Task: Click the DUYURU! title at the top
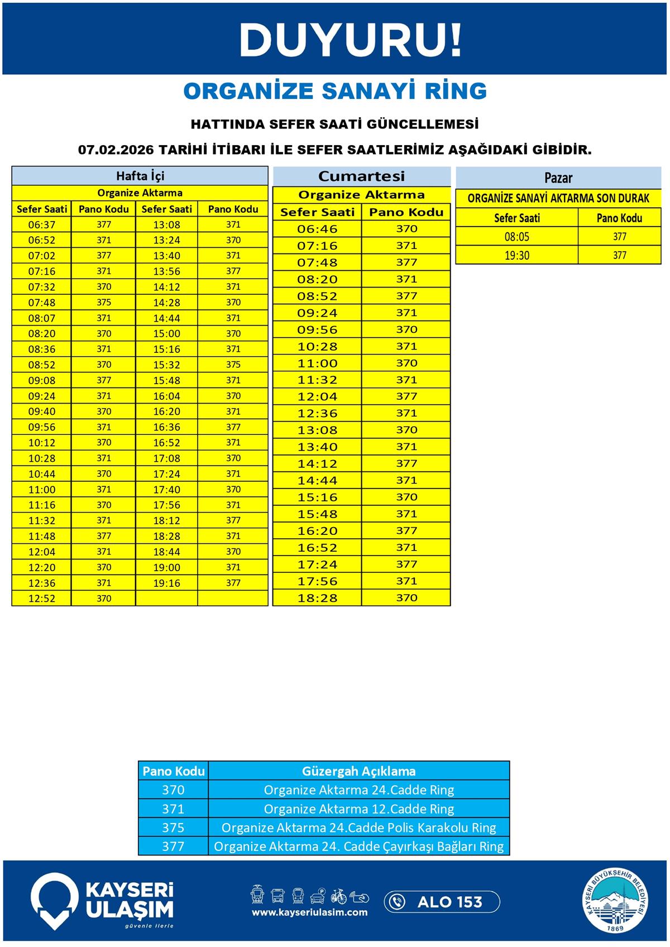pos(351,40)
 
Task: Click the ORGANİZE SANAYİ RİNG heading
pos(335,91)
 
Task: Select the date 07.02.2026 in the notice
pos(116,150)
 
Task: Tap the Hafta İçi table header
pos(140,176)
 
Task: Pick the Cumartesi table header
pos(361,176)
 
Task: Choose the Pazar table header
pos(558,178)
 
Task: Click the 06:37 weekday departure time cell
pos(42,225)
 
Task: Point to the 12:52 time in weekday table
pos(42,599)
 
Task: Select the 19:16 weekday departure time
pos(166,583)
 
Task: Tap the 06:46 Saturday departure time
pos(317,229)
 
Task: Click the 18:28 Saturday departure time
pos(317,598)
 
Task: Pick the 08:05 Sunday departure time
pos(516,237)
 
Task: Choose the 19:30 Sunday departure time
pos(516,256)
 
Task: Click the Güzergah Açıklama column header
pos(358,771)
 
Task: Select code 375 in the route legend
pos(173,828)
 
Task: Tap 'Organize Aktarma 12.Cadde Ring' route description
pos(358,809)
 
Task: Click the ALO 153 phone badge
pos(442,902)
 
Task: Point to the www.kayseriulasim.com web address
pos(309,912)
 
